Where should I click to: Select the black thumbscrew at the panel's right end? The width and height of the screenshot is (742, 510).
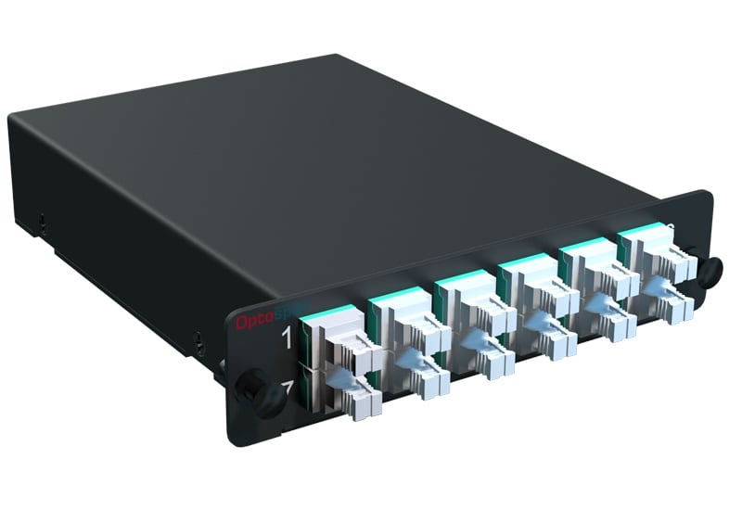pos(710,270)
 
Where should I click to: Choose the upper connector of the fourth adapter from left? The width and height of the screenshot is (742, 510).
pos(548,298)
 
